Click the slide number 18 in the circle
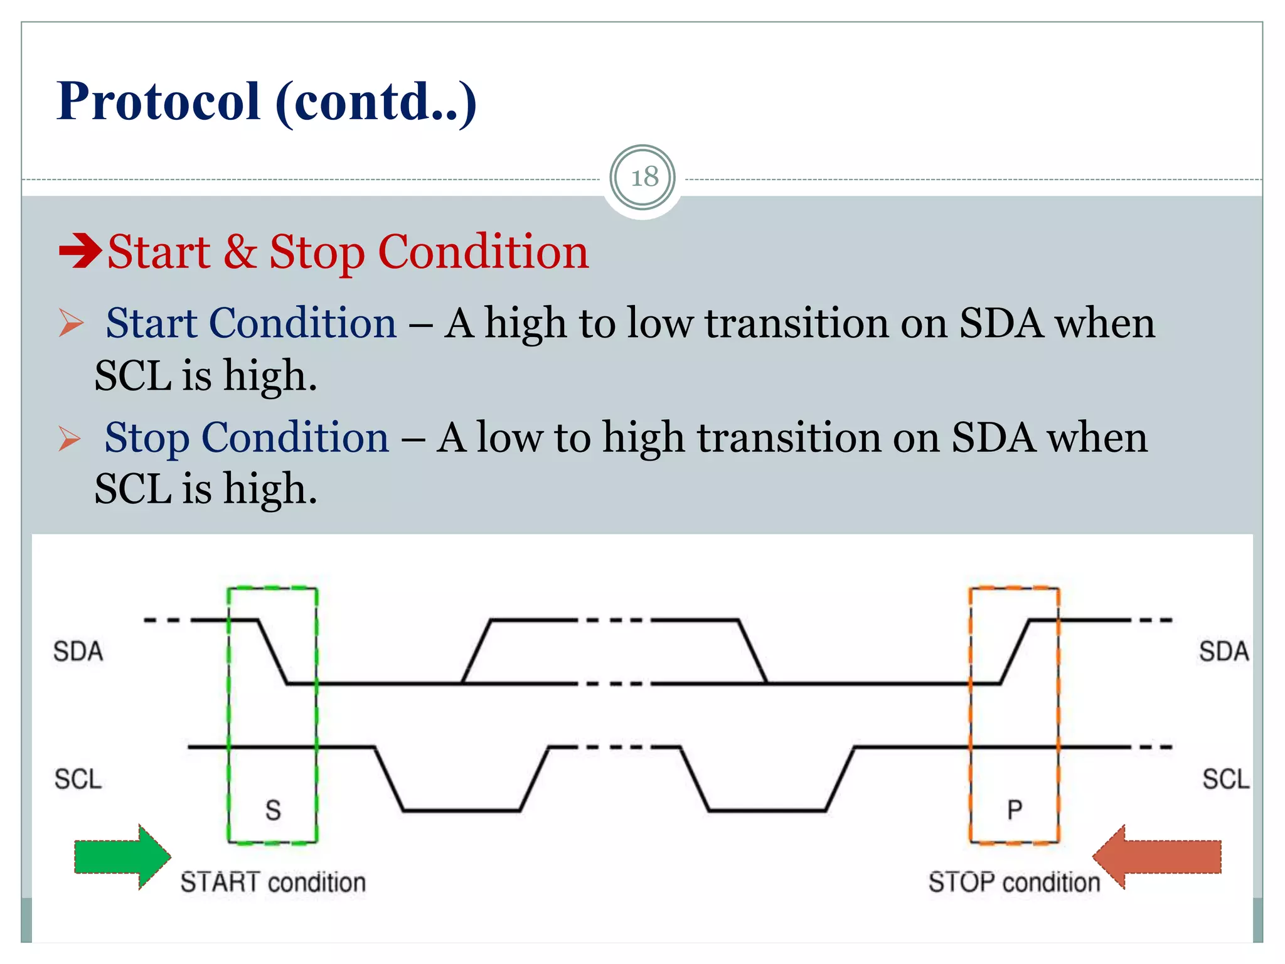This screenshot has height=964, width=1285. [x=644, y=178]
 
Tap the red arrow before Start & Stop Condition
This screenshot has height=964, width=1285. [x=80, y=250]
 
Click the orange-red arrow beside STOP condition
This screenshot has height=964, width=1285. [x=1157, y=857]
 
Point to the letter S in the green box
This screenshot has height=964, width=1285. [x=273, y=810]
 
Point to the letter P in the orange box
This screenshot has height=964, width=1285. [x=1015, y=810]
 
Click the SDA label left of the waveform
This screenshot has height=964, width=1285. [x=78, y=651]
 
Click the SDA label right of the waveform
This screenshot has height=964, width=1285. [x=1224, y=651]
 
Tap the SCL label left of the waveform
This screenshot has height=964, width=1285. [x=78, y=779]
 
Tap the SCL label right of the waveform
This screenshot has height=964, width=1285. [x=1225, y=779]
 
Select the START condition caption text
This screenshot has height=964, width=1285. [x=273, y=882]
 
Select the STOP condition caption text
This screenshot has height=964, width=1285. [x=1014, y=882]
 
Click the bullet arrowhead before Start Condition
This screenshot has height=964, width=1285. [x=71, y=323]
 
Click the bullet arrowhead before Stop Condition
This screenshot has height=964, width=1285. [x=70, y=438]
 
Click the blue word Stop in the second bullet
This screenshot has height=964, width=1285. [x=147, y=437]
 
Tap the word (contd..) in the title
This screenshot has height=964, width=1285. [x=376, y=102]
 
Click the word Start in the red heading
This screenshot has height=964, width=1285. [x=159, y=252]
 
